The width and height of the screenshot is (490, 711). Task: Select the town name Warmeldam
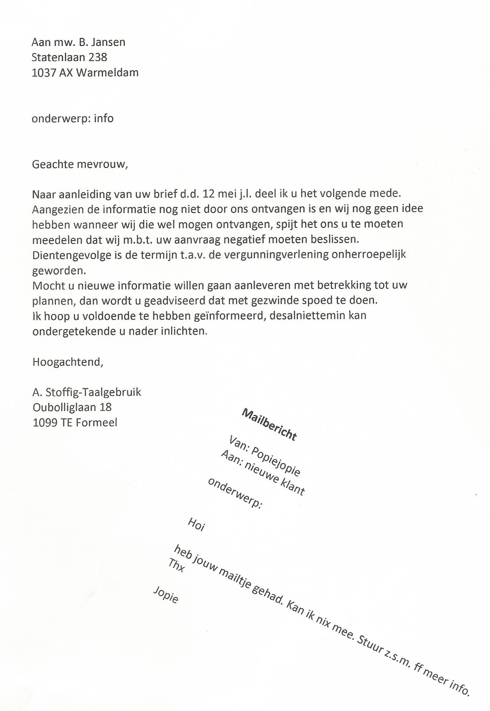click(107, 73)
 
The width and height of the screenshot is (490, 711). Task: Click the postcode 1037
click(44, 73)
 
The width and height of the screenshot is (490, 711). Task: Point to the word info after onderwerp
click(104, 118)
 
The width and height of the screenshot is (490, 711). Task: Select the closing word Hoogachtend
click(68, 362)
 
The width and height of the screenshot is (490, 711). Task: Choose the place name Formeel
click(96, 422)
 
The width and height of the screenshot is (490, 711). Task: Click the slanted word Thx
click(177, 565)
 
